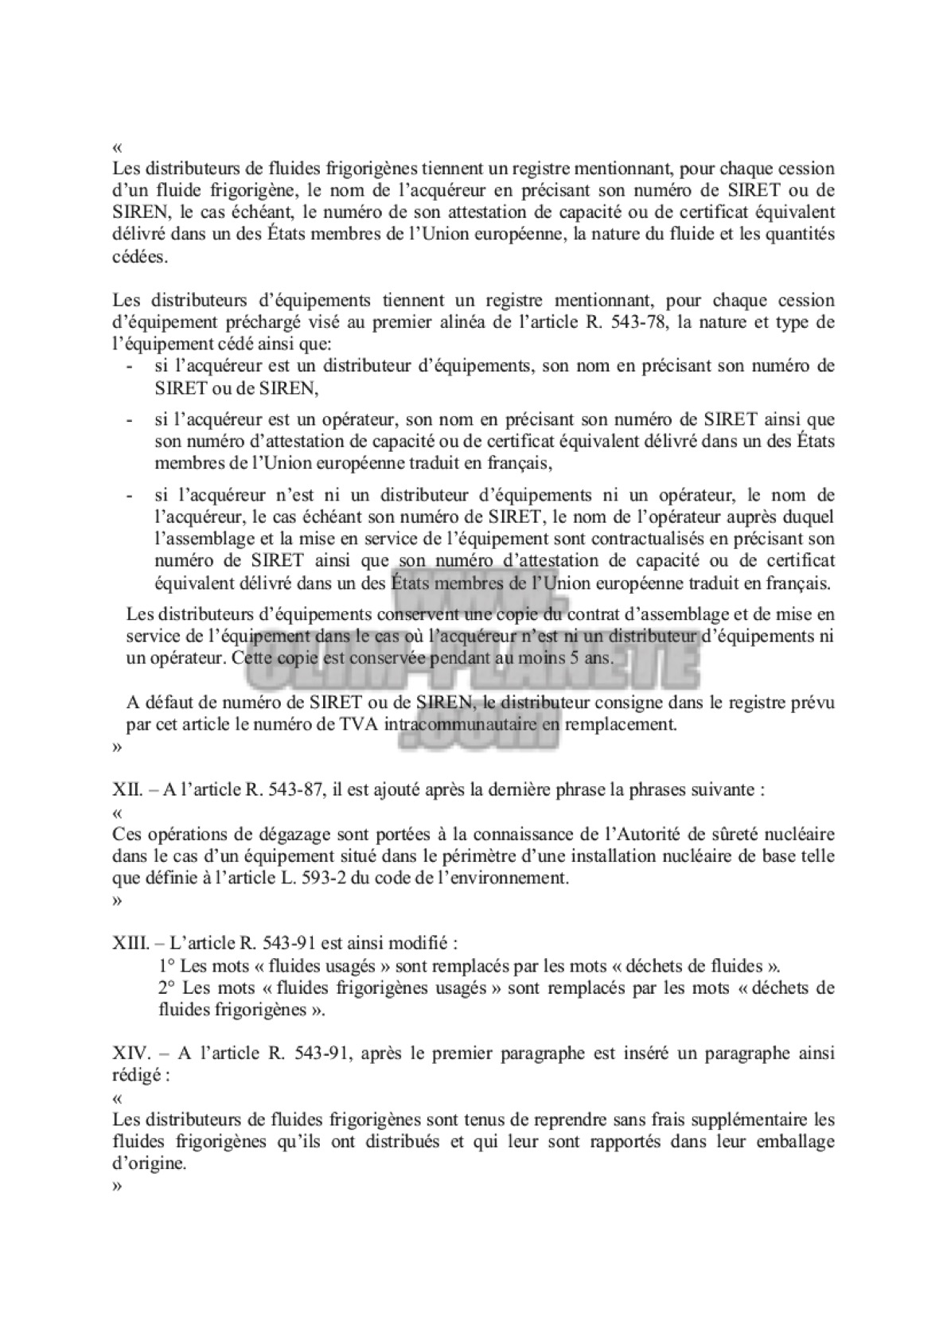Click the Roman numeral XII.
(127, 791)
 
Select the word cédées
(140, 258)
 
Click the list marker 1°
(167, 966)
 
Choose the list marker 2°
(167, 988)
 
